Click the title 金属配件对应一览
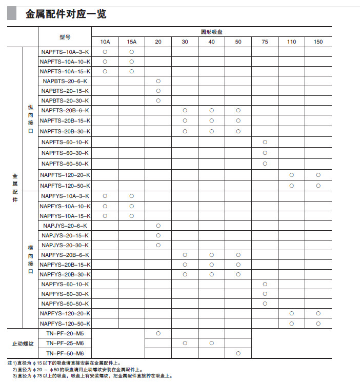click(x=66, y=14)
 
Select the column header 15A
click(x=131, y=42)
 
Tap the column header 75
click(x=265, y=42)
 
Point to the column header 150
click(x=318, y=42)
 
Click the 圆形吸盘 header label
click(x=211, y=32)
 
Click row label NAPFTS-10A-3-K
click(x=65, y=52)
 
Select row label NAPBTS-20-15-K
click(x=65, y=91)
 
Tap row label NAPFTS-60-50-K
click(x=65, y=164)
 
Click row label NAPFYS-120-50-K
click(x=65, y=324)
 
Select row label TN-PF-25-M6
click(x=65, y=343)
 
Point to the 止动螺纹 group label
click(x=23, y=343)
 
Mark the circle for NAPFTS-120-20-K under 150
click(x=318, y=175)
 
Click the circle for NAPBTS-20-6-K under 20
click(x=158, y=81)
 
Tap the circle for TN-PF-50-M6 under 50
click(x=238, y=353)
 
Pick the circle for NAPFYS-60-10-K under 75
click(x=265, y=284)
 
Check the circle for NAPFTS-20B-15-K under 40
click(x=211, y=120)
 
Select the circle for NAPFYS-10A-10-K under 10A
click(x=105, y=206)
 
